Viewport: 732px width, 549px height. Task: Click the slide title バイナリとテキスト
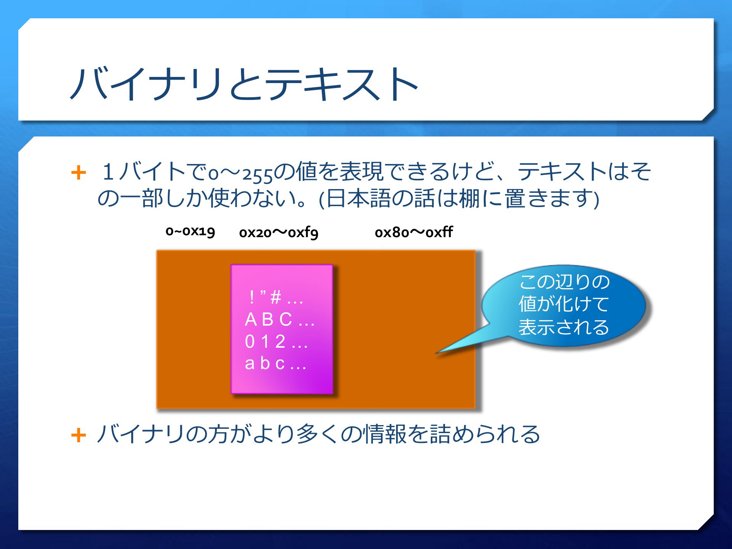[x=244, y=84]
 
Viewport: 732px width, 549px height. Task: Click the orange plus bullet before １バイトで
[x=79, y=172]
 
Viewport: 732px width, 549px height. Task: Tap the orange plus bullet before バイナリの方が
[x=79, y=435]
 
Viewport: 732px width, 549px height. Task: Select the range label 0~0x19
[x=190, y=231]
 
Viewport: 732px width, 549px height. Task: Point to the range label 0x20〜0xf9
[x=279, y=232]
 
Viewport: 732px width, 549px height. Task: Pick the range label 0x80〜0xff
[x=414, y=232]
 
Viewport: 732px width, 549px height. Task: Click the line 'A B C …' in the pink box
[x=280, y=319]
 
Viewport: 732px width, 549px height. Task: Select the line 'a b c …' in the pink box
[x=276, y=363]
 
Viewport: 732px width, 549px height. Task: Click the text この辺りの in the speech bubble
[x=564, y=282]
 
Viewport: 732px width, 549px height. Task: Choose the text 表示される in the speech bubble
[x=564, y=327]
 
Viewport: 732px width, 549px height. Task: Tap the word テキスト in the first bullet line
[x=562, y=172]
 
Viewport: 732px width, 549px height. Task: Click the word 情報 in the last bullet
[x=385, y=434]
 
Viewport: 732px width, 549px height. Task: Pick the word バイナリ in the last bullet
[x=141, y=434]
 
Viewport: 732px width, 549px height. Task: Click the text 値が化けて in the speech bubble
[x=564, y=304]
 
